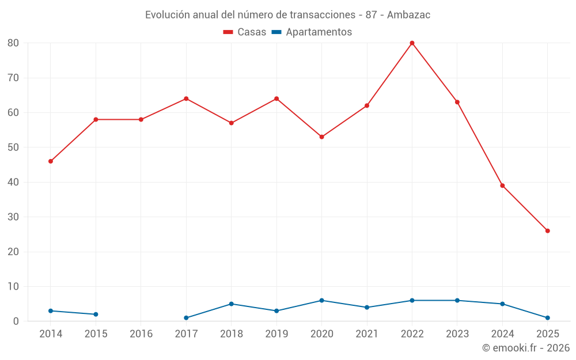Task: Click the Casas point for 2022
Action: tap(412, 43)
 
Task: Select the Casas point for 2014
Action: tap(51, 161)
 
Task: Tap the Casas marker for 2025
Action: tap(547, 231)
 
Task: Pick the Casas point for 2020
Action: tap(321, 137)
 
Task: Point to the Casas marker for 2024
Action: tap(502, 185)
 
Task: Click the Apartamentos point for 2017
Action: tap(186, 318)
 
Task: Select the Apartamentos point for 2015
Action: tap(96, 314)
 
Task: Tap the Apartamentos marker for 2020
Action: tap(321, 301)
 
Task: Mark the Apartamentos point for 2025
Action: tap(547, 318)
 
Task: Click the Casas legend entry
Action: tap(245, 32)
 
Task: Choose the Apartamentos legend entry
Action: tap(312, 32)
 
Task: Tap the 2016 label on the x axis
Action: tap(141, 334)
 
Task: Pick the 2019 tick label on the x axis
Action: tap(276, 334)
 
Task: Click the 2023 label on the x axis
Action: tap(457, 334)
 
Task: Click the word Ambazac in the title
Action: tap(408, 15)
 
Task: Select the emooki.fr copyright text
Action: tap(526, 348)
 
